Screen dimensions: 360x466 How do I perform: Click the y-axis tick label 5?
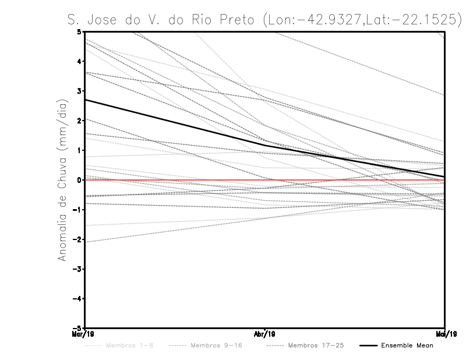(79, 32)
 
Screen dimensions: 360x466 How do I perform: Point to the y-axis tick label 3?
(79, 91)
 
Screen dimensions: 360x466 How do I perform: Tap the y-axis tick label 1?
(79, 150)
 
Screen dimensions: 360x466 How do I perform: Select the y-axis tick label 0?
(79, 180)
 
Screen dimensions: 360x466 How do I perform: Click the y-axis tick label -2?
(78, 239)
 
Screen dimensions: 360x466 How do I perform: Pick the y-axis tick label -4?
(78, 298)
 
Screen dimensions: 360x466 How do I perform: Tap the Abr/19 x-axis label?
(265, 335)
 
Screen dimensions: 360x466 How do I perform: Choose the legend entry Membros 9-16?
(216, 345)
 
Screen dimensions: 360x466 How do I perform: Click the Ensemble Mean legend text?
(407, 345)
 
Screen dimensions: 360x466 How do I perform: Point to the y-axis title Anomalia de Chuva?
(62, 180)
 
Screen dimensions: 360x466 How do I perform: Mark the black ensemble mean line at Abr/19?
(265, 145)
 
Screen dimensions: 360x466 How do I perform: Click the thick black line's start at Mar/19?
(86, 100)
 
